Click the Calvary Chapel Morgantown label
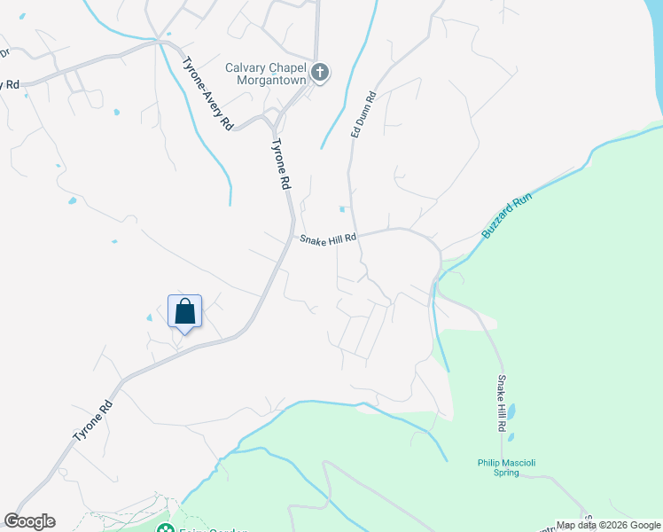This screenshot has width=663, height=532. click(x=265, y=74)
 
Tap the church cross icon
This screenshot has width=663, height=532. click(x=320, y=74)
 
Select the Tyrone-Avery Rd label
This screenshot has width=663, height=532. click(x=207, y=94)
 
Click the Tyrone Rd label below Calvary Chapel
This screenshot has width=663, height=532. click(x=280, y=164)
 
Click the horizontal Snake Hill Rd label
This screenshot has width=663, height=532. click(x=328, y=239)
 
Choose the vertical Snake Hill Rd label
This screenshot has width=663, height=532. click(x=503, y=403)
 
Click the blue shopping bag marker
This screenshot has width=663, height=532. click(x=184, y=312)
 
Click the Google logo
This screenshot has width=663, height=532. click(x=29, y=521)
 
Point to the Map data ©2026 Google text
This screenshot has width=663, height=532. click(x=608, y=526)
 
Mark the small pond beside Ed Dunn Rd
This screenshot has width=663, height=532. click(x=343, y=210)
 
